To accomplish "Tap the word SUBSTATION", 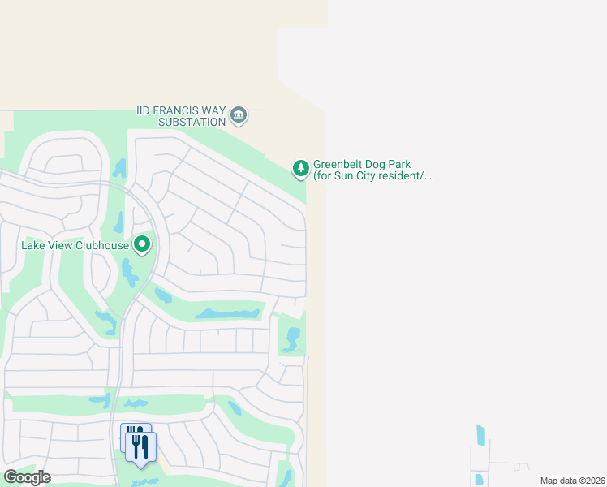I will (191, 122).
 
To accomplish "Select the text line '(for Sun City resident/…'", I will (372, 175).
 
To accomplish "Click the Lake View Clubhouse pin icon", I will (143, 243).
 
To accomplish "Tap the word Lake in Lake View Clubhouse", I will (35, 245).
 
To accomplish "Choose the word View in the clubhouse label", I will (62, 245).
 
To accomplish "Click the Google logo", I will (27, 477).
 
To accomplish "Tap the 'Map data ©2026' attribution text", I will (571, 481).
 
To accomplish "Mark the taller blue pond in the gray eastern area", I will (480, 435).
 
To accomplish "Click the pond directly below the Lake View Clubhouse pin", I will (129, 274).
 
